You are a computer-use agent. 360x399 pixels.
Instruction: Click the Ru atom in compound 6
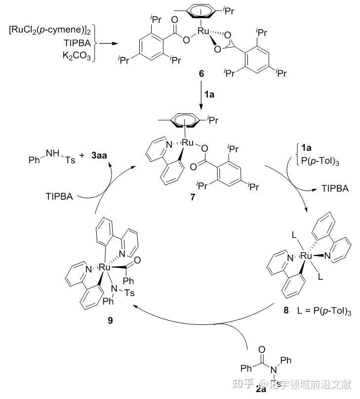(203, 31)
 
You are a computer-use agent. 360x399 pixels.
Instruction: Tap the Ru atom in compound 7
(188, 143)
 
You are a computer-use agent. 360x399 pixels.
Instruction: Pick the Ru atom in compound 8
(306, 257)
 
